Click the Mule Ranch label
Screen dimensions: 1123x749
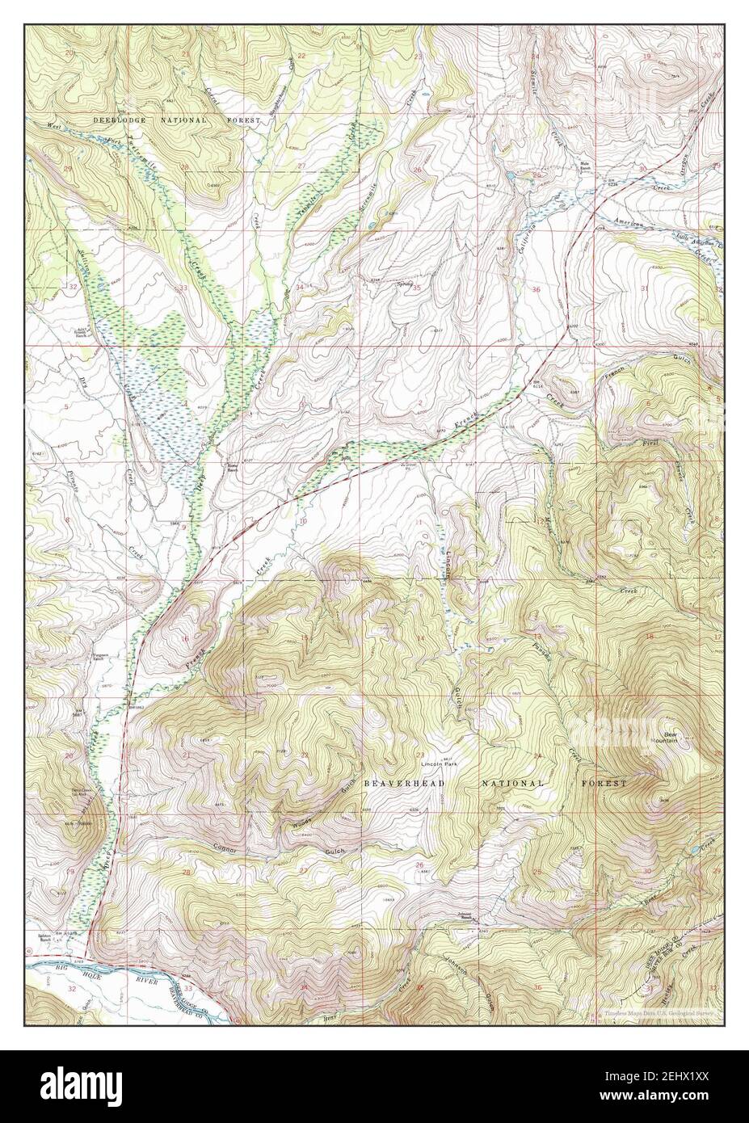point(587,165)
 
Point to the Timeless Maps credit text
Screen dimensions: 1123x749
point(661,1012)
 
